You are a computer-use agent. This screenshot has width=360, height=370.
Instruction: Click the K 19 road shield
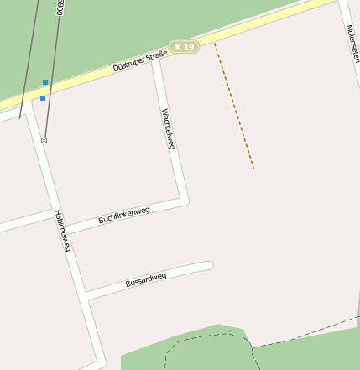click(x=184, y=47)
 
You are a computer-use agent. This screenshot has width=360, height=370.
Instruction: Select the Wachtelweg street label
click(x=168, y=129)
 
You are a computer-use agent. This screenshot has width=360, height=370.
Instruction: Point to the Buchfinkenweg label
click(x=123, y=215)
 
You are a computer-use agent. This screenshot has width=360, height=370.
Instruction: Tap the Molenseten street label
click(x=352, y=44)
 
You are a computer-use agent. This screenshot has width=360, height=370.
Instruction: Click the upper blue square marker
click(x=45, y=82)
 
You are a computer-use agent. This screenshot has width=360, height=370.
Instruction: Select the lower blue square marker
click(x=43, y=98)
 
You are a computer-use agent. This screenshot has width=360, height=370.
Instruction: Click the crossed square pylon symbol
click(x=44, y=140)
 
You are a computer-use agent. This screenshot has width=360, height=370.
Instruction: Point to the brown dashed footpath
click(x=234, y=106)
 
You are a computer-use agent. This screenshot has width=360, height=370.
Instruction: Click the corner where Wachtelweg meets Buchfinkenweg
click(x=184, y=201)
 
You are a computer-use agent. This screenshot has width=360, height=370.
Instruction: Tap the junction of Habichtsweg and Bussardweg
click(x=86, y=296)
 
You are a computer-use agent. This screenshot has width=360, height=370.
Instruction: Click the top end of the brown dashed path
click(x=215, y=43)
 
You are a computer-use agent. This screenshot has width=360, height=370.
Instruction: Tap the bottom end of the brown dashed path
click(x=253, y=169)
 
